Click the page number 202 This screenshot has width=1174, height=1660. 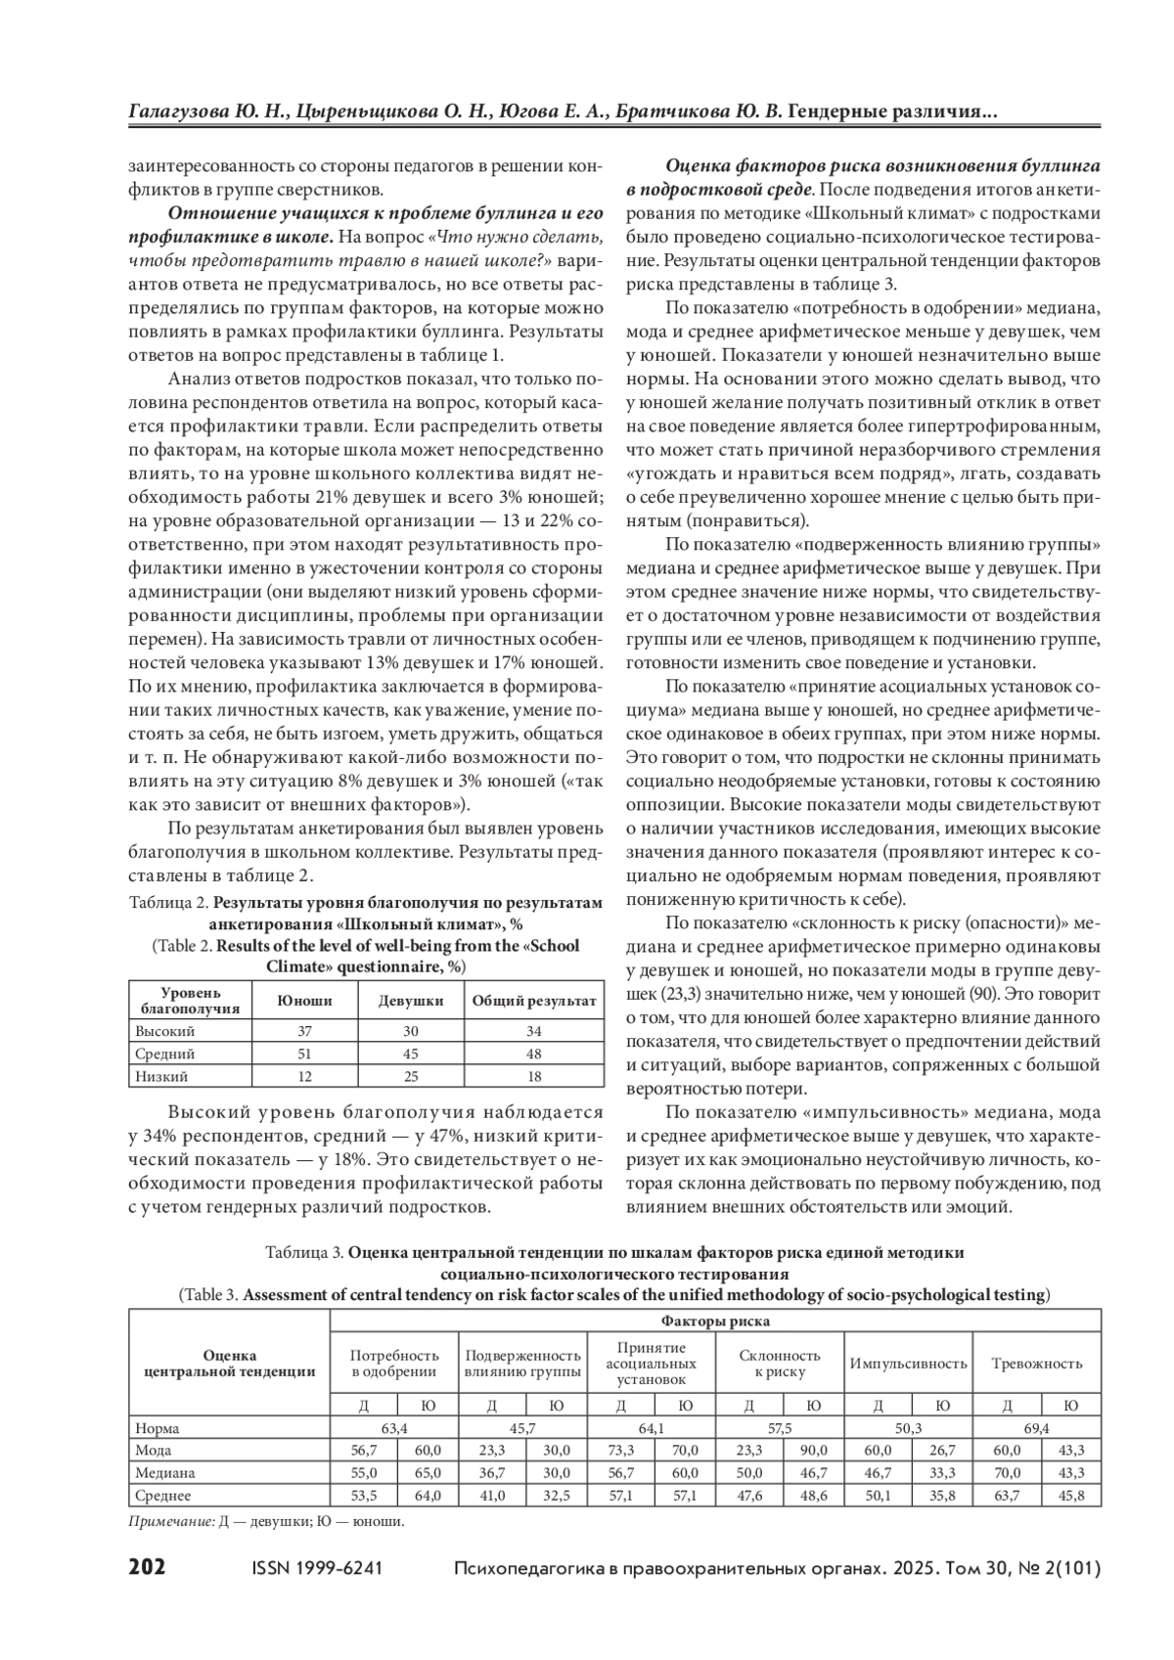coord(148,1567)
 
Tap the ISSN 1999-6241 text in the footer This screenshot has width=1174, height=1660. coord(317,1568)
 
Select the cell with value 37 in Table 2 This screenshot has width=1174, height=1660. coord(304,1031)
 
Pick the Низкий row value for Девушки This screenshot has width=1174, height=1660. coord(411,1076)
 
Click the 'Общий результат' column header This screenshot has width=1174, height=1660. coord(534,1001)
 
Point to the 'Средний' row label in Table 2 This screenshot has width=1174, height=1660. coord(165,1054)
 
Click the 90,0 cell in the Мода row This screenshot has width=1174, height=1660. coord(812,1450)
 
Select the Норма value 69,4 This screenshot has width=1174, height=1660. coord(1036,1428)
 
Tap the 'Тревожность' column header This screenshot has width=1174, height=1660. coord(1037,1363)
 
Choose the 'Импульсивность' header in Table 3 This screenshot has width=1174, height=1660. coord(908,1363)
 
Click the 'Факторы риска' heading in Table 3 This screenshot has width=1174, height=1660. coord(715,1322)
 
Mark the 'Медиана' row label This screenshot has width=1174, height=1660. coord(165,1472)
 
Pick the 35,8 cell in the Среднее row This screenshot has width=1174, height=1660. coord(941,1495)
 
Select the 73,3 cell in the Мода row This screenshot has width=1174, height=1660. coord(620,1450)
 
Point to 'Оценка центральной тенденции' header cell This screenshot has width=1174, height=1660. coord(230,1363)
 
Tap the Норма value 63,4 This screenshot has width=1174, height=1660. coord(394,1428)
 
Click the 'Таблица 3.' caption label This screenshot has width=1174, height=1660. coord(304,1252)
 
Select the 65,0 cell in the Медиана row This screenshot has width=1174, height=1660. coord(428,1472)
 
